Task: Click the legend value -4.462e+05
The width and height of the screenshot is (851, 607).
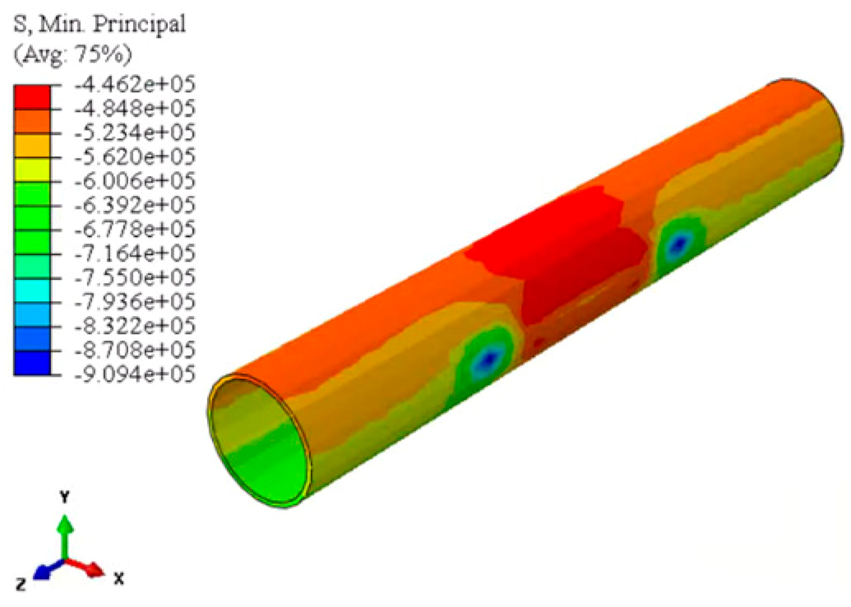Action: [134, 85]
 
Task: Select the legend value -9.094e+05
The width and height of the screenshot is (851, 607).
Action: [134, 374]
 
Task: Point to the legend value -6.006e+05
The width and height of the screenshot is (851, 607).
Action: [134, 181]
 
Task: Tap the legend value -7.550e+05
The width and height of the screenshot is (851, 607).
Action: [134, 278]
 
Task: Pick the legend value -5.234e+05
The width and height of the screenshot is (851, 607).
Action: [134, 133]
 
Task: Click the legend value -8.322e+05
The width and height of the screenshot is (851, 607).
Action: [134, 327]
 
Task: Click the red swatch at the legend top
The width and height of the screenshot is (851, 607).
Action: [32, 97]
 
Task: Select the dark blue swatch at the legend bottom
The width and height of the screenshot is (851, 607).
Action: [32, 363]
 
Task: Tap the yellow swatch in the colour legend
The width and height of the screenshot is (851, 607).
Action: [32, 170]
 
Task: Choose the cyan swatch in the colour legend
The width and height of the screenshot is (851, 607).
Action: [32, 290]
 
